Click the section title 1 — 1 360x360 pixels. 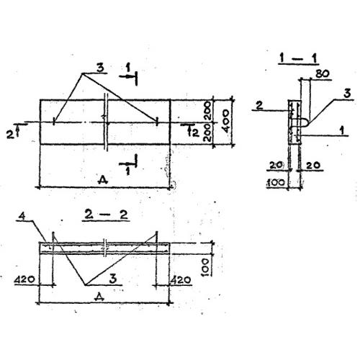[298, 58]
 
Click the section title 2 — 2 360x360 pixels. [106, 215]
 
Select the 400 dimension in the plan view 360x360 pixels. [226, 121]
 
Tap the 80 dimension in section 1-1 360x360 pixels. [323, 73]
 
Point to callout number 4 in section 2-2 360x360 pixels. [22, 216]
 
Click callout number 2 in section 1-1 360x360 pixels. [259, 105]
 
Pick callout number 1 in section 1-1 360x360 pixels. [342, 131]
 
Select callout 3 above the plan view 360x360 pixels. [100, 68]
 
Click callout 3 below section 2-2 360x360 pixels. [113, 279]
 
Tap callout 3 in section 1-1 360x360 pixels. [347, 94]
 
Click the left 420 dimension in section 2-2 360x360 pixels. [24, 279]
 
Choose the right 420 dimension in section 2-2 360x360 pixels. [181, 279]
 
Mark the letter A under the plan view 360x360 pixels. [103, 179]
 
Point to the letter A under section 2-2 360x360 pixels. [99, 297]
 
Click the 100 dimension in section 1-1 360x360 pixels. [276, 183]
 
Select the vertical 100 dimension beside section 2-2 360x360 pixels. [206, 267]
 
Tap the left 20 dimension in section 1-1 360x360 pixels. [276, 165]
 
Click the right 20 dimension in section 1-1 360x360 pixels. [313, 165]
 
